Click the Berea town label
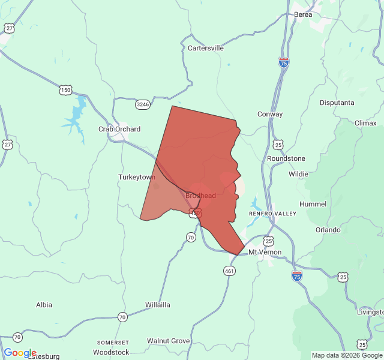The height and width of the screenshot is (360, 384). (303, 14)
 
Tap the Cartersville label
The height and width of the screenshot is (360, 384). (206, 48)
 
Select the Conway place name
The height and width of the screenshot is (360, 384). (270, 114)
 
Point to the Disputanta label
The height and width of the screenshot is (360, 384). (337, 103)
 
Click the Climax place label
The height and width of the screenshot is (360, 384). (365, 123)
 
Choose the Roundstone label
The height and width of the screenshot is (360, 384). (286, 158)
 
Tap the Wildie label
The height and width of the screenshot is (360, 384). (298, 174)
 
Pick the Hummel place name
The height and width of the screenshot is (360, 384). (313, 204)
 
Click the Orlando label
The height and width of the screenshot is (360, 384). (328, 230)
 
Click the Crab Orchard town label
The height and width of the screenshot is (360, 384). (119, 129)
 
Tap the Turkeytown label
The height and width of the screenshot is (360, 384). (137, 177)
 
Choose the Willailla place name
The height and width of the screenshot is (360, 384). (158, 305)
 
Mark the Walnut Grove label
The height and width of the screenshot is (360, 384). (169, 341)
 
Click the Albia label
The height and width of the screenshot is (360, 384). (44, 305)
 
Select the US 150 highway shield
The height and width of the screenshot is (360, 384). (65, 90)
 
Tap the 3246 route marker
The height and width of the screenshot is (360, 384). (143, 104)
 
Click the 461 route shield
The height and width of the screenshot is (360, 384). (230, 271)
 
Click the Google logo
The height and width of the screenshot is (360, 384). (20, 353)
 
